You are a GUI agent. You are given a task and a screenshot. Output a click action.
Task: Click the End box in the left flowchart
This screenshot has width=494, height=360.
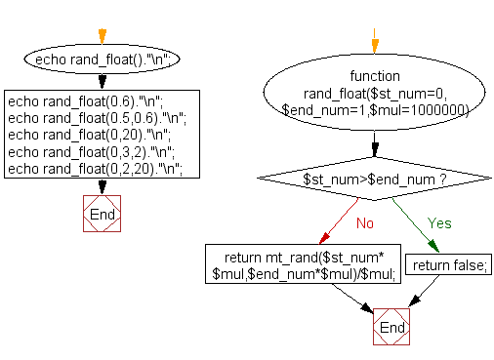[102, 214]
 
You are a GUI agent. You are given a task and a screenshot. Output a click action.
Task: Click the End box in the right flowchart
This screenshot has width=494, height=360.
[391, 328]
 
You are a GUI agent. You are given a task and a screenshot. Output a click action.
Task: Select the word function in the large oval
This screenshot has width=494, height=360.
[374, 75]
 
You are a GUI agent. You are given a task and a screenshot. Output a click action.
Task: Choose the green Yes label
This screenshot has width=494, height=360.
[440, 222]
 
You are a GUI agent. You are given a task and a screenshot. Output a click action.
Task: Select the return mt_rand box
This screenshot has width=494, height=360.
[303, 265]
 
